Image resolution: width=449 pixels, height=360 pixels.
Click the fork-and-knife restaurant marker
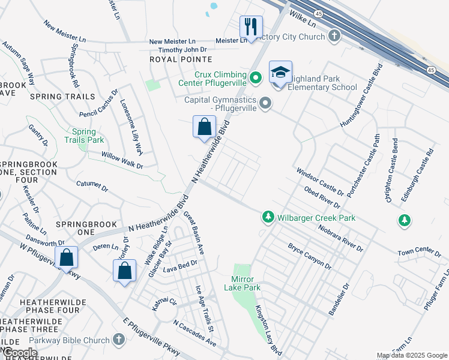click(251, 27)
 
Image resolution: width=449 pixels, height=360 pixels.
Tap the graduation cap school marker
click(280, 73)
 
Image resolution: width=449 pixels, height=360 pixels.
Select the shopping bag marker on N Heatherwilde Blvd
click(204, 127)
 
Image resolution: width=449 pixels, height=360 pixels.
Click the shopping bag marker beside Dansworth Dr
click(67, 258)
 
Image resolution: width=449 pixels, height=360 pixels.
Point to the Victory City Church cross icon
click(334, 37)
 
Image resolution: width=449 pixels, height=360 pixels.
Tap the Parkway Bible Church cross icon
click(118, 340)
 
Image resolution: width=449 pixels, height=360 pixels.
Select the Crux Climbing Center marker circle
click(256, 77)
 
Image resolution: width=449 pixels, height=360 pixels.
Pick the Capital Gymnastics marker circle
click(265, 105)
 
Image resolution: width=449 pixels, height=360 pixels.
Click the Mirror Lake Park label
click(246, 283)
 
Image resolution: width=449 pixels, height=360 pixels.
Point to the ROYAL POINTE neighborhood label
click(181, 59)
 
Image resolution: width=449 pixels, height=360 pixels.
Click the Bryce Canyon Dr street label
click(309, 256)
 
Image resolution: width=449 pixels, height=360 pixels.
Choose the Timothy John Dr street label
click(178, 49)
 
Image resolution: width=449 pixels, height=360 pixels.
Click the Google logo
click(20, 353)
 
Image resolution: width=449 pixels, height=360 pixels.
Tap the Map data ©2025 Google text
click(412, 355)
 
